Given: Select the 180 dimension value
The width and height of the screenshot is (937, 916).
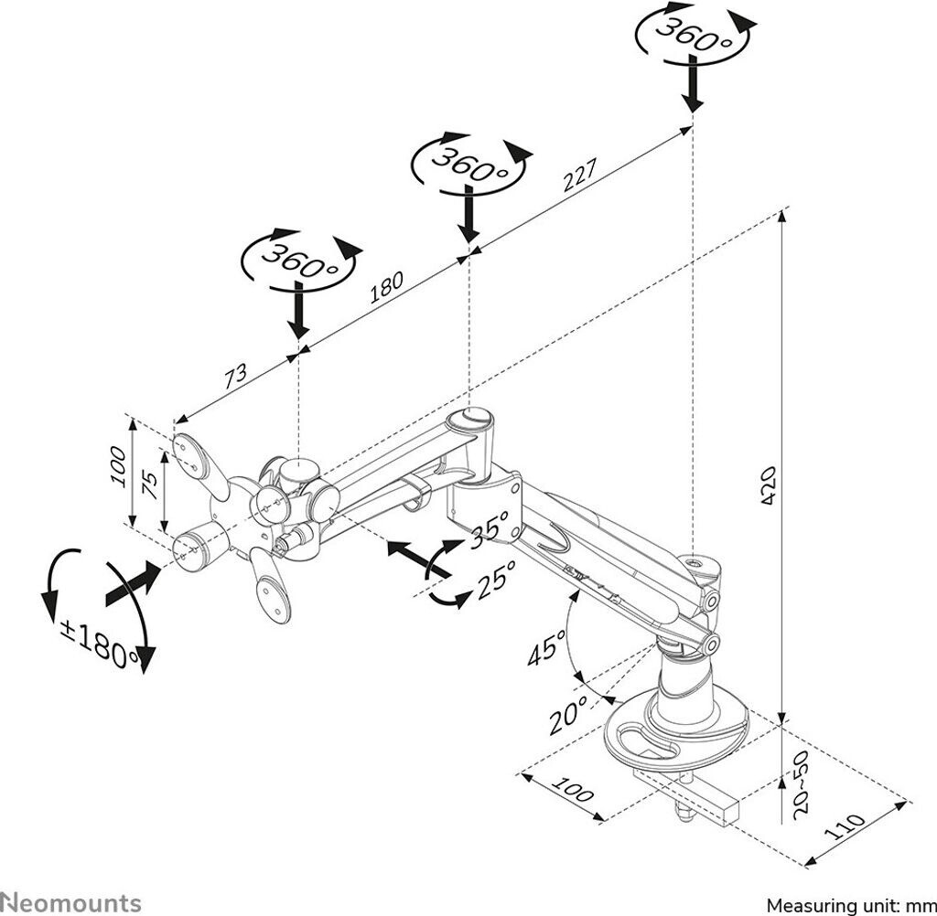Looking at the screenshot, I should click(x=386, y=288).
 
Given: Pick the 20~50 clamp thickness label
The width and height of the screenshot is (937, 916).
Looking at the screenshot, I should click(x=802, y=787).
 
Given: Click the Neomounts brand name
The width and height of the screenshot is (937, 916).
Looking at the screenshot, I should click(x=71, y=902).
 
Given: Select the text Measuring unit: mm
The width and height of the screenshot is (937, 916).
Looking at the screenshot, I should click(x=850, y=905).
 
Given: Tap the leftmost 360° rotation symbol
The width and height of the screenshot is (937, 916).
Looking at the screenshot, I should click(x=298, y=261).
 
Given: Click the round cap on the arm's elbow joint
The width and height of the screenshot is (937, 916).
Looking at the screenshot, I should click(x=476, y=419).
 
